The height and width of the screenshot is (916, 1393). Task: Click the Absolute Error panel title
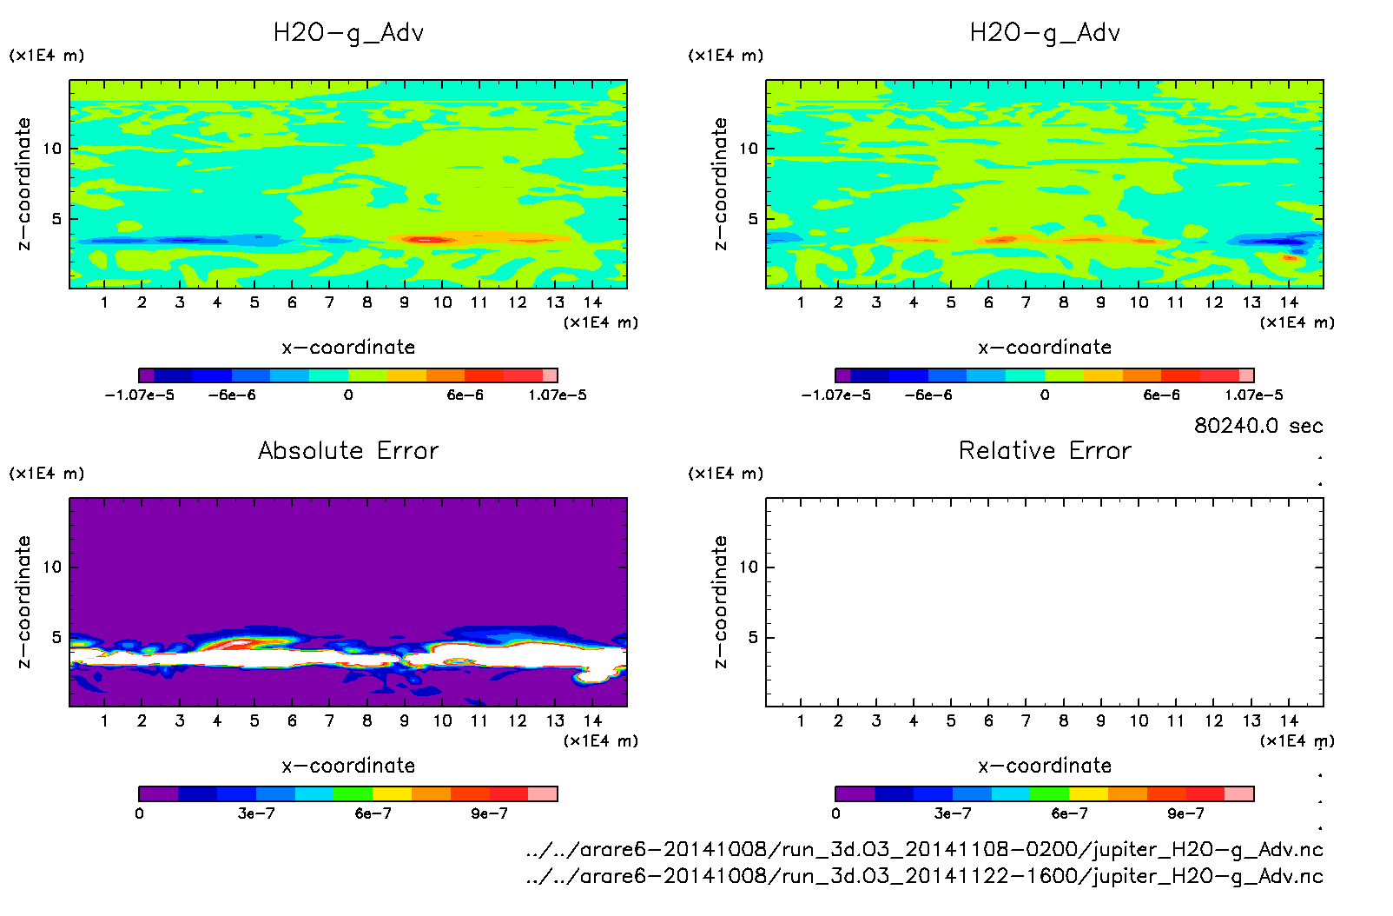pos(348,450)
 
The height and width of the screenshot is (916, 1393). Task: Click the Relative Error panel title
pos(1045,450)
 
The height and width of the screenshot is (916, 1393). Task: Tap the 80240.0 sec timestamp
pos(1258,426)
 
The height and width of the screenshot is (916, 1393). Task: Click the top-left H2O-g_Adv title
pos(348,33)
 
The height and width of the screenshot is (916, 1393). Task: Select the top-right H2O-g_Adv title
pos(1045,33)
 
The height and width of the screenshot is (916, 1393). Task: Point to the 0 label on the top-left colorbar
pos(348,395)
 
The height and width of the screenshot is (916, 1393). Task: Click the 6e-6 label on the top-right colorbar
pos(1161,395)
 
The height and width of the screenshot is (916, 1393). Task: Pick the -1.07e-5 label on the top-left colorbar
pos(140,395)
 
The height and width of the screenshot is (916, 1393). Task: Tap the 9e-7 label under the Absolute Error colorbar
pos(490,813)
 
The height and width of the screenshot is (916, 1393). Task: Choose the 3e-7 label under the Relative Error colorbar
pos(953,813)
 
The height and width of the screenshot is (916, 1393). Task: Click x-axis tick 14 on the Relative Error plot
pos(1289,720)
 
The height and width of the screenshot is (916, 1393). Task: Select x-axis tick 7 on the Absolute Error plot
pos(329,720)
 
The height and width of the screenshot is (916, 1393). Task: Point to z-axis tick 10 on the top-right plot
pos(749,149)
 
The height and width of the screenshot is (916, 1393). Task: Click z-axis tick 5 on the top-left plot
pos(56,219)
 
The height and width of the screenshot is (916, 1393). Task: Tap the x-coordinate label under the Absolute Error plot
pos(348,766)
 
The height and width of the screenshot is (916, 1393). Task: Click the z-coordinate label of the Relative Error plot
pos(720,601)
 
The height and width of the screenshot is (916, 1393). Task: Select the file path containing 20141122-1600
pos(924,876)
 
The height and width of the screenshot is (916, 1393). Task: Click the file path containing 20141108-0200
pos(924,850)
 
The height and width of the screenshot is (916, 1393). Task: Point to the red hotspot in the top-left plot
pos(423,239)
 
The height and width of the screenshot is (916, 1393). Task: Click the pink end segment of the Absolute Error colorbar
pos(543,793)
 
